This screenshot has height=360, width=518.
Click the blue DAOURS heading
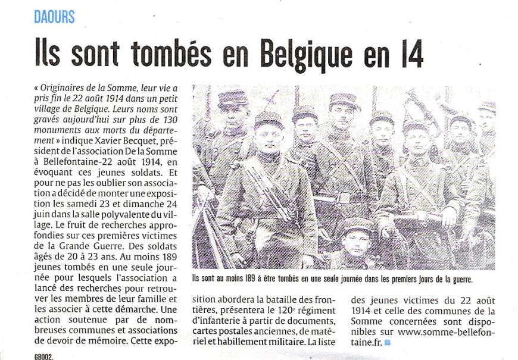[54, 17]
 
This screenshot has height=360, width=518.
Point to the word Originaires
[65, 87]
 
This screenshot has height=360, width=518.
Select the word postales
[238, 332]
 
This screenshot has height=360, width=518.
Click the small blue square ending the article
[388, 343]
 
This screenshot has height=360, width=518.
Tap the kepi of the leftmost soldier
[232, 97]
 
